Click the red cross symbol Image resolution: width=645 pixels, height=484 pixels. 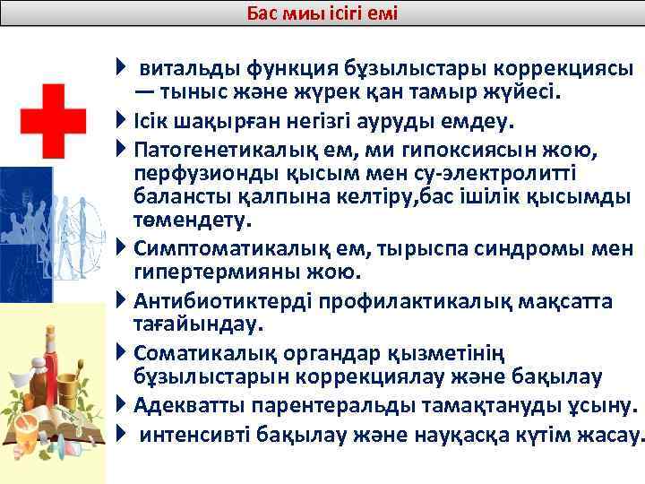coord(53,121)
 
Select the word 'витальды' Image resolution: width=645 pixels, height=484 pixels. coord(187,68)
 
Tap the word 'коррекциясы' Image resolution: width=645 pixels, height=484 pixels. coord(568,68)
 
